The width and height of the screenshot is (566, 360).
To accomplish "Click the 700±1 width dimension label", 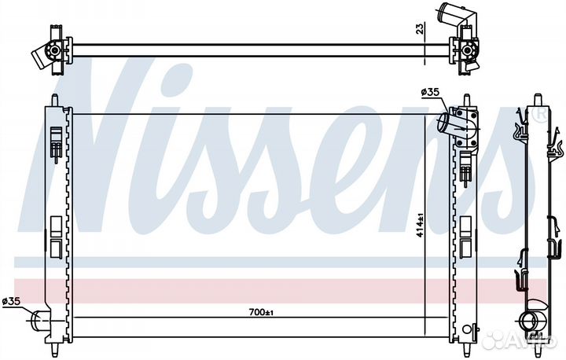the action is click(261, 312).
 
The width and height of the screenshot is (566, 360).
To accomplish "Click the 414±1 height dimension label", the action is click(420, 226).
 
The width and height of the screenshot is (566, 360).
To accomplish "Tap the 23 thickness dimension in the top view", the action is click(420, 28).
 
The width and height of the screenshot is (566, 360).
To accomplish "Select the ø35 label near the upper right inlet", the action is click(430, 92).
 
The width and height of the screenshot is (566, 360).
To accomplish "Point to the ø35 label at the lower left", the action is click(12, 301).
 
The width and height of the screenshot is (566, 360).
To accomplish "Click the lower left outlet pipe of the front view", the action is click(39, 320).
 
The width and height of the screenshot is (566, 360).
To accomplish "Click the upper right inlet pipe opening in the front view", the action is click(444, 123).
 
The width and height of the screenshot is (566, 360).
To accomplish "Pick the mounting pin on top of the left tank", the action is click(54, 100).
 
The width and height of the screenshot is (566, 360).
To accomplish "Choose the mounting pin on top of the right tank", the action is click(467, 100).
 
